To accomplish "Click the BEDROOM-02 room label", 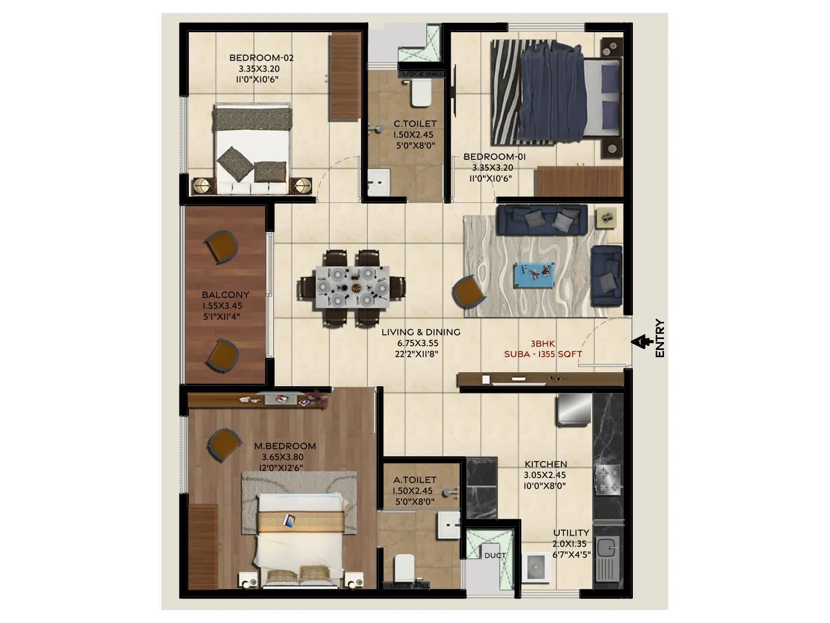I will (x=261, y=58).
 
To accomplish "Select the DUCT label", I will (x=495, y=556).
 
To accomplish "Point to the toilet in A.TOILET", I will (x=404, y=568).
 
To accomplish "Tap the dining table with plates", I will (x=352, y=288).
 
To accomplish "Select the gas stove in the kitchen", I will (x=607, y=480).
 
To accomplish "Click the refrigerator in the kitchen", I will (x=574, y=410).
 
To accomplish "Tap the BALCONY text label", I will (x=226, y=295).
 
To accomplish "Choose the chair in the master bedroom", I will (x=224, y=444).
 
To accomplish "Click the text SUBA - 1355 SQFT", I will (x=543, y=354).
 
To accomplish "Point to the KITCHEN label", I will (x=545, y=464).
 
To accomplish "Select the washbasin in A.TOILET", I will (x=448, y=524).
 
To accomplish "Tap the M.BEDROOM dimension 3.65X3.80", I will (x=283, y=457).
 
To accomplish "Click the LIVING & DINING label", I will (x=421, y=332).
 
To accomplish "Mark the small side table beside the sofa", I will (x=606, y=218).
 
